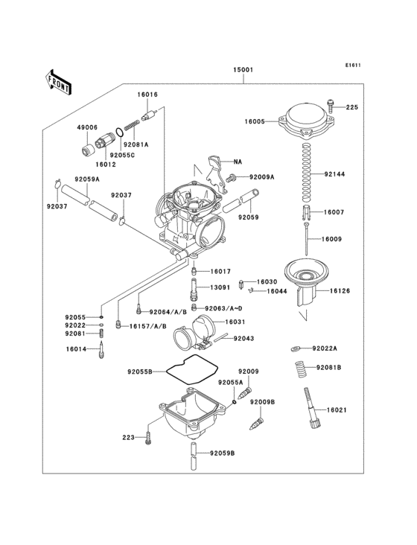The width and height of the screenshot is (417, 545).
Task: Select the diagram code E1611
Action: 352,65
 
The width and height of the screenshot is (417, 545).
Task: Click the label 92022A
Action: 325,348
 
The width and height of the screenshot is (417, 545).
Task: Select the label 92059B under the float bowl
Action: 221,453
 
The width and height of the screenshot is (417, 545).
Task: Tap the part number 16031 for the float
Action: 235,322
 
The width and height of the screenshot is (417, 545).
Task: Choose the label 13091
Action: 220,287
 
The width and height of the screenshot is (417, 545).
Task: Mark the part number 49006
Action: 87,127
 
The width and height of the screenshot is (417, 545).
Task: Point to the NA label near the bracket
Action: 238,162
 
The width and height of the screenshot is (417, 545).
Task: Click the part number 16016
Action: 147,95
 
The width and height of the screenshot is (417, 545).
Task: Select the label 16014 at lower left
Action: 76,348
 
